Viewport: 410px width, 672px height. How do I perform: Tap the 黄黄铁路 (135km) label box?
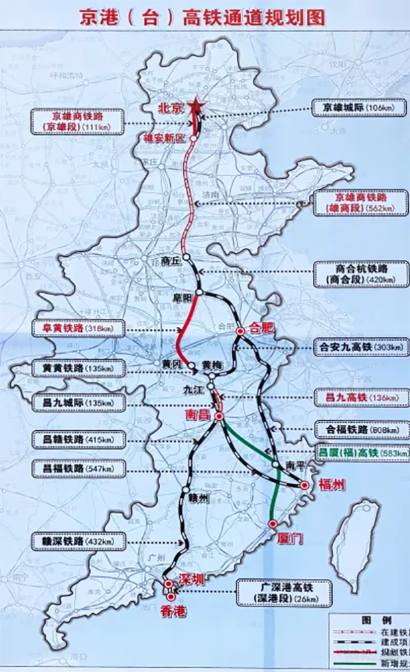[79, 369]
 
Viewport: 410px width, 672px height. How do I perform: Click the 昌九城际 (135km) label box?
[79, 403]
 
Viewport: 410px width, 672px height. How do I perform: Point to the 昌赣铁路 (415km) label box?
[79, 440]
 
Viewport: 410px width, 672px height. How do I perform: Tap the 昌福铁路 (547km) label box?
[79, 469]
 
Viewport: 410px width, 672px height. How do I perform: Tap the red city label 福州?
[332, 486]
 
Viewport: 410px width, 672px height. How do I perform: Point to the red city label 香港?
[172, 612]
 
